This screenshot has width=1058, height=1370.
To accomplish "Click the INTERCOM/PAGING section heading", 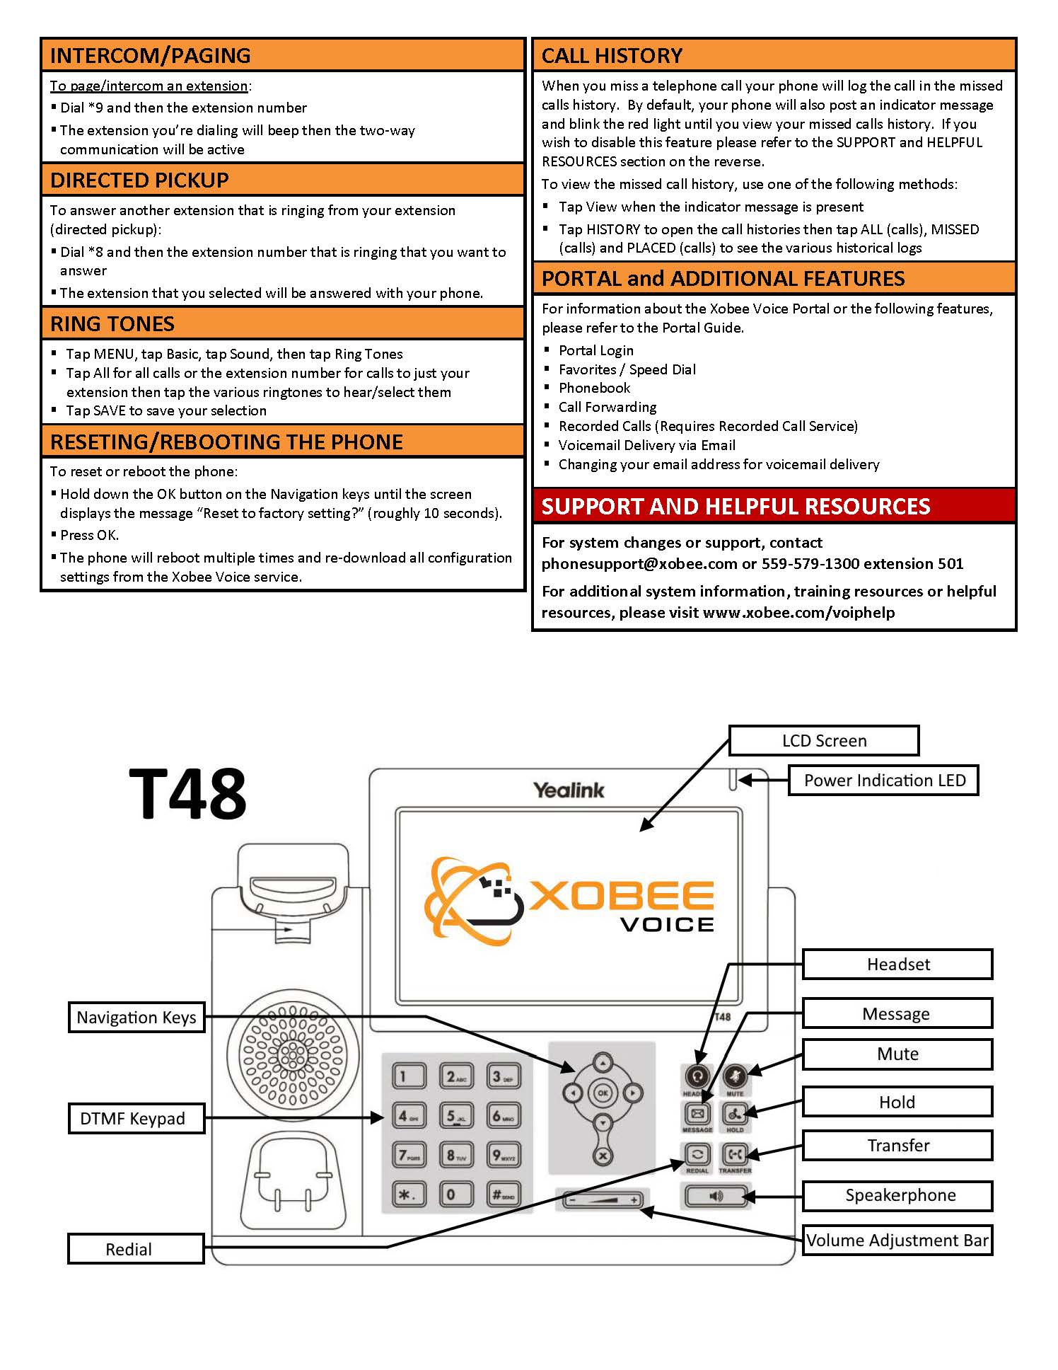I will click(x=150, y=55).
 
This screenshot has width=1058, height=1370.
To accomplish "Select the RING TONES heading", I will click(x=112, y=323).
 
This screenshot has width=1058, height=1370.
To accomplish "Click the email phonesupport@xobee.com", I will click(x=639, y=563).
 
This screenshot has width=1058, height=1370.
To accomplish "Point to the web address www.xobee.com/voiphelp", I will click(x=798, y=612).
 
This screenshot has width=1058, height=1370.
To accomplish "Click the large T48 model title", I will click(x=187, y=794).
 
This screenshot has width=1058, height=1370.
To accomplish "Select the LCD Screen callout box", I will click(x=824, y=740).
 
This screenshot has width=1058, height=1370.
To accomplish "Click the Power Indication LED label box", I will click(x=883, y=780).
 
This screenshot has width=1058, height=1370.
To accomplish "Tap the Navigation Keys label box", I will click(x=136, y=1017).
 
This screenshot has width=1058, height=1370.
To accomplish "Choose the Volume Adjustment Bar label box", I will click(x=897, y=1240).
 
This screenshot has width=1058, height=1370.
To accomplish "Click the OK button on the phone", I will click(x=602, y=1093).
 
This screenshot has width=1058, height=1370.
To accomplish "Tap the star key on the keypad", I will click(x=408, y=1195).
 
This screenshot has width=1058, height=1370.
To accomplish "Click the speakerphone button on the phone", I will click(x=715, y=1196).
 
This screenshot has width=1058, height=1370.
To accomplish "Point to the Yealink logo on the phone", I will click(x=569, y=790).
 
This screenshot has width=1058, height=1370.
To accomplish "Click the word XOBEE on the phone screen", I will click(x=622, y=896).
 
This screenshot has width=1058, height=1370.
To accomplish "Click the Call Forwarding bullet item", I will click(x=608, y=407).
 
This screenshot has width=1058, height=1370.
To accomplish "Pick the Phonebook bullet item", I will click(x=594, y=388).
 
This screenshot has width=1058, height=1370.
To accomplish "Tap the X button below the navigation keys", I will click(x=603, y=1156).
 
